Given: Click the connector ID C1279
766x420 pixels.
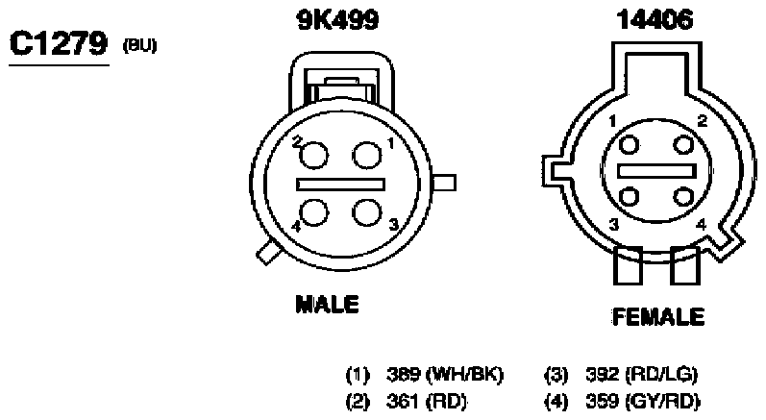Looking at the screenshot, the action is [x=59, y=43].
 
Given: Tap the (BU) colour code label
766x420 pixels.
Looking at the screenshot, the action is [x=139, y=45].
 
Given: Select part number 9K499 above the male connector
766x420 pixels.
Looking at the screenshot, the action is [x=337, y=20].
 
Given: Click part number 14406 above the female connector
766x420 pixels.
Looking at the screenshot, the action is [x=655, y=20].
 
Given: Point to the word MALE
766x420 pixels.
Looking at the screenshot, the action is [x=328, y=304].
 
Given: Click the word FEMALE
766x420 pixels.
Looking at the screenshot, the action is [x=658, y=316].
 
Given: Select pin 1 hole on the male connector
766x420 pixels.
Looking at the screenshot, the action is [x=367, y=156].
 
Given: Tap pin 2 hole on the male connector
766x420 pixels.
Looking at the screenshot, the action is [x=313, y=156].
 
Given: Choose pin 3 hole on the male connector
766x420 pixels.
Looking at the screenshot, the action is [x=366, y=212].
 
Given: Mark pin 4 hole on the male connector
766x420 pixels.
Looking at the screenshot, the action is [x=314, y=212].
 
